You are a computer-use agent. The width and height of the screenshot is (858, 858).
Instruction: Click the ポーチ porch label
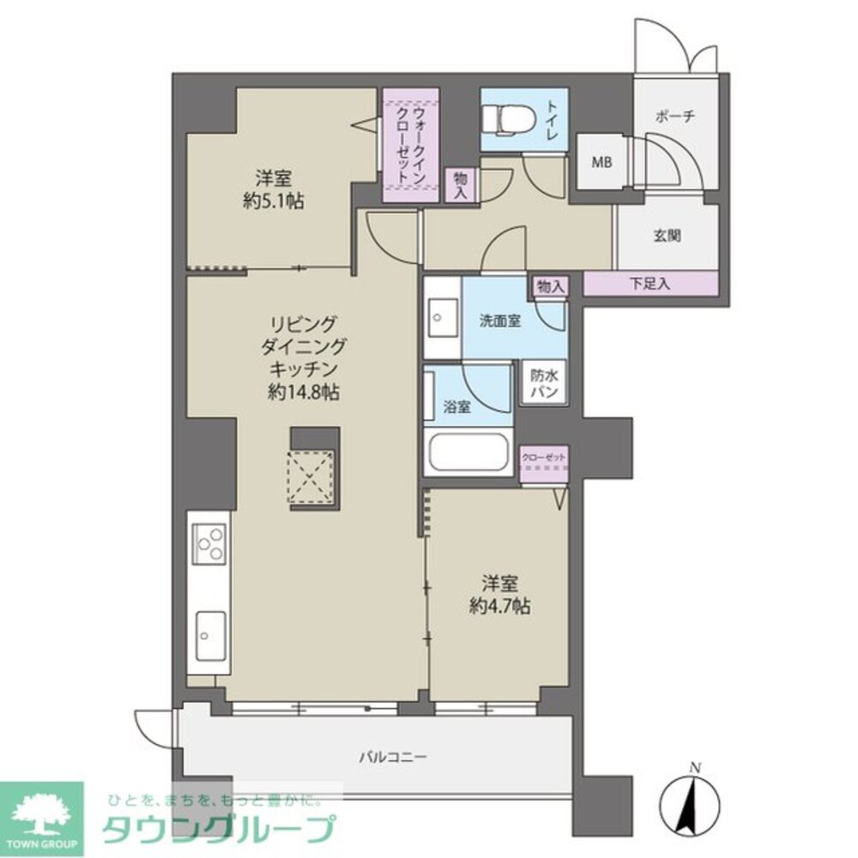(x=674, y=117)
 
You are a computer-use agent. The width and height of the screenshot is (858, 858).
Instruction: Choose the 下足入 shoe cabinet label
(x=650, y=283)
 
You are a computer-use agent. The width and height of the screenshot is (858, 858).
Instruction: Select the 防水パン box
(x=544, y=383)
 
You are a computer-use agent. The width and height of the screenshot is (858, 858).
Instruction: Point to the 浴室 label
(x=457, y=408)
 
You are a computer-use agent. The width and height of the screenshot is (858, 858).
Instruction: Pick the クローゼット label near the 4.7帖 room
(x=544, y=458)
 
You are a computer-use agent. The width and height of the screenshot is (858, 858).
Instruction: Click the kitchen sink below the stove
(x=209, y=635)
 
